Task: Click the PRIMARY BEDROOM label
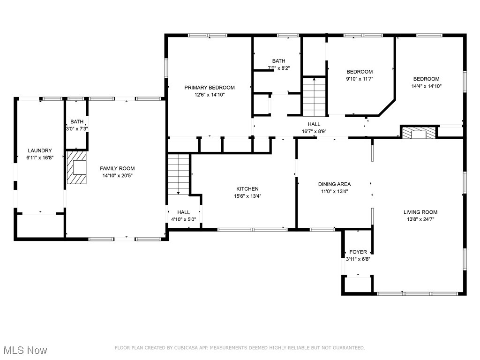[210, 88]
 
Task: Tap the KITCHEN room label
[247, 189]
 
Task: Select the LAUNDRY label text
[40, 150]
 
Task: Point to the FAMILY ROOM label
[117, 168]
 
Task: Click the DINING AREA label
[334, 184]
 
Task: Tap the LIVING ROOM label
[420, 212]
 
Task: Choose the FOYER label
[358, 252]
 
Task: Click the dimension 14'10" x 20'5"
[117, 176]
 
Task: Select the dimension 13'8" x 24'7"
[420, 219]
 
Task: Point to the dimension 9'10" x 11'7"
[360, 79]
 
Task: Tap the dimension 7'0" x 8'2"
[278, 68]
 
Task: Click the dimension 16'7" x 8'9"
[314, 132]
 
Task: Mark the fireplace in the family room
[76, 167]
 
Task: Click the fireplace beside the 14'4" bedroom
[419, 133]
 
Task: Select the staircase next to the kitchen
[178, 174]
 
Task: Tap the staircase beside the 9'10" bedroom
[314, 97]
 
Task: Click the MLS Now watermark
[25, 350]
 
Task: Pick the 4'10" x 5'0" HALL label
[183, 216]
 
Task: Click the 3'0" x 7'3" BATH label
[77, 125]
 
